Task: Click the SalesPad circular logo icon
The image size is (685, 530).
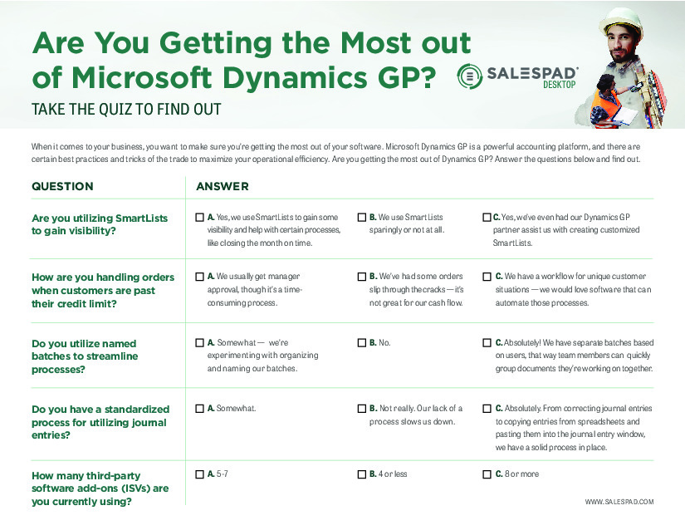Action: coord(470,76)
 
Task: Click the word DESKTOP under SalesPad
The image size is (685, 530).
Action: coord(559,85)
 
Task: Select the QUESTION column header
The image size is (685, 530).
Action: coord(62,187)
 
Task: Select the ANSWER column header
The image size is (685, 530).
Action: coord(223,187)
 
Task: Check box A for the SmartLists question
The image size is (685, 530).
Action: coord(199,217)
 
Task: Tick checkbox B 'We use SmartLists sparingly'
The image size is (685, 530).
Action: coord(362,217)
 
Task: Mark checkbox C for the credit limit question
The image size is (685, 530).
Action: coord(487,277)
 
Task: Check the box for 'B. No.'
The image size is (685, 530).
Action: coord(362,342)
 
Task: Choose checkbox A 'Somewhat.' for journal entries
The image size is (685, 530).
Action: coord(199,409)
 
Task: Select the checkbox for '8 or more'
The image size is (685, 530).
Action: coord(487,474)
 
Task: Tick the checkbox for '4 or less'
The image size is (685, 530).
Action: coord(362,474)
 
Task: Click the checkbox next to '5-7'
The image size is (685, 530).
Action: coord(199,474)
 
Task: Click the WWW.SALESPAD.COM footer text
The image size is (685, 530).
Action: coord(619,502)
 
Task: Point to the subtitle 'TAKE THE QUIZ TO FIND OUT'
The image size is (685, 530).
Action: coord(126,109)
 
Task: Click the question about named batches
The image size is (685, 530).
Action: coord(85,356)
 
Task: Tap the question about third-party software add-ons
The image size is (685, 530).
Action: coord(100,488)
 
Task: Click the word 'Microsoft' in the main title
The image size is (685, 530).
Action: coord(142,78)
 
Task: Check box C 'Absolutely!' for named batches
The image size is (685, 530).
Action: coord(487,342)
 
